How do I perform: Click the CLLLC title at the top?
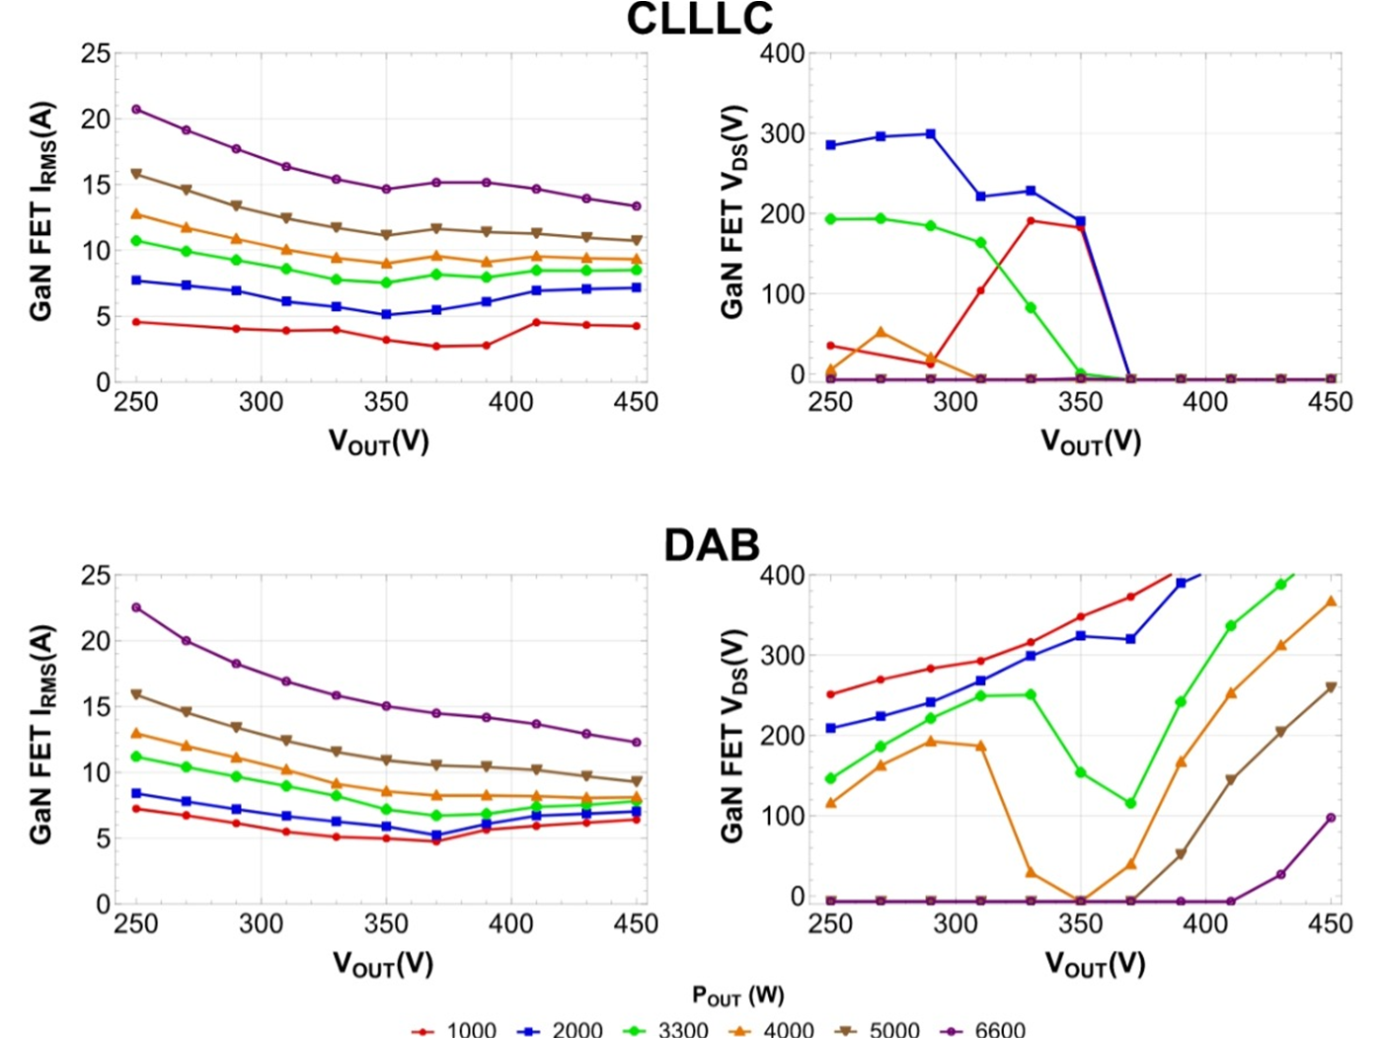(x=699, y=20)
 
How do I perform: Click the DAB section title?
(x=711, y=545)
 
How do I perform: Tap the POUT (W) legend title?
(x=738, y=996)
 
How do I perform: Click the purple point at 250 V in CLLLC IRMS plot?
(x=136, y=110)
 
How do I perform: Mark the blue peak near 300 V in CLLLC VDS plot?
(x=931, y=134)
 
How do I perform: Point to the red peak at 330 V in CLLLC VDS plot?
(x=1031, y=221)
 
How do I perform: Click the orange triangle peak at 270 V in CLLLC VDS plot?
(x=881, y=333)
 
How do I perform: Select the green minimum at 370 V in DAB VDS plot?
(x=1130, y=804)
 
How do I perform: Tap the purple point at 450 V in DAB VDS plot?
(x=1331, y=818)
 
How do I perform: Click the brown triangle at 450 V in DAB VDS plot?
(x=1331, y=687)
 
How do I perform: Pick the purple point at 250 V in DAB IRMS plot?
(x=136, y=607)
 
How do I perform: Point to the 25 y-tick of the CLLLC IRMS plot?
(x=96, y=53)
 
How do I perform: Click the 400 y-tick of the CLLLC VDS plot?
(x=782, y=53)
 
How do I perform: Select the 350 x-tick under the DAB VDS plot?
(x=1080, y=924)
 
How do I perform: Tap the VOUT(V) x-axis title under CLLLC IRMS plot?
(x=379, y=440)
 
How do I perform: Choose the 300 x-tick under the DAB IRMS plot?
(x=261, y=924)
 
